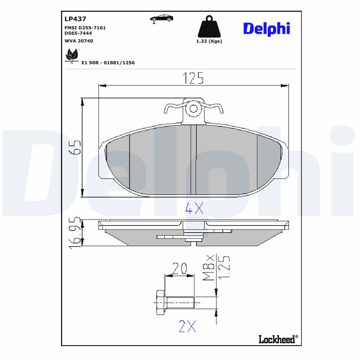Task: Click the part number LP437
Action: [75, 19]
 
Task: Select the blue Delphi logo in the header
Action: [266, 29]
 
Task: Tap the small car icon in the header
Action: [162, 18]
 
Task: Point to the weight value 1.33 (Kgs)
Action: [209, 41]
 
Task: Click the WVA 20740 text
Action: [79, 41]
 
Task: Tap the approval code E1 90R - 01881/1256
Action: [108, 63]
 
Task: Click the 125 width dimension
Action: [193, 78]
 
